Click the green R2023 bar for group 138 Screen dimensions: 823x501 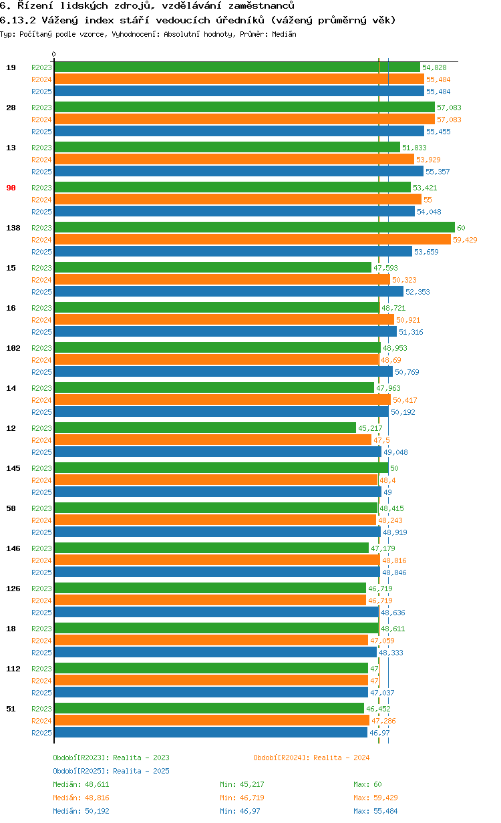click(254, 228)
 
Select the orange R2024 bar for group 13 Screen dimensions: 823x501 click(234, 160)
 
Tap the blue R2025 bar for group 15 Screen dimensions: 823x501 click(228, 292)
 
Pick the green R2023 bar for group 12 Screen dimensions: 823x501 click(205, 428)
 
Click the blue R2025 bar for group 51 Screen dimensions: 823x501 click(210, 733)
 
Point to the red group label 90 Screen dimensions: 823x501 click(11, 188)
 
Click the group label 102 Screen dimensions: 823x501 click(13, 348)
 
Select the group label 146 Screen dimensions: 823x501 click(13, 548)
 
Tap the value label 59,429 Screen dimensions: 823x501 click(465, 240)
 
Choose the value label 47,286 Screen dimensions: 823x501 click(383, 721)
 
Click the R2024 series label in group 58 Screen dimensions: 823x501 click(41, 520)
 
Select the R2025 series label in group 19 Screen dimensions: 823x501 click(41, 92)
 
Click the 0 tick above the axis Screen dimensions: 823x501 click(54, 54)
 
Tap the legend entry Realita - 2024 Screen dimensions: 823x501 click(311, 758)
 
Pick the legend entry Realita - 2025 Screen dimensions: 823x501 click(111, 771)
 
